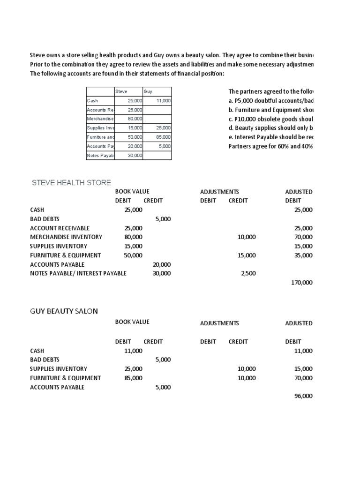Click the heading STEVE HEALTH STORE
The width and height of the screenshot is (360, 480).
(x=71, y=182)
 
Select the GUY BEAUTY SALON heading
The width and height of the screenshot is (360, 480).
(x=64, y=311)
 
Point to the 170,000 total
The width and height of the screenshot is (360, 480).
(x=303, y=283)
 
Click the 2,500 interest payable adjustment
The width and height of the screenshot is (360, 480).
(x=248, y=273)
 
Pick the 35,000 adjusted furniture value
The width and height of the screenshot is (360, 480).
(x=303, y=255)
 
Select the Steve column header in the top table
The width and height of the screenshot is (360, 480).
(x=121, y=91)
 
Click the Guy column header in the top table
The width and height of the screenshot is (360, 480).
(x=148, y=91)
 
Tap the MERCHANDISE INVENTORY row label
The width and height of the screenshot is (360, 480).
(x=66, y=237)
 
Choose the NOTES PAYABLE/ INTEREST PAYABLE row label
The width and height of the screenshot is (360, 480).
(x=78, y=273)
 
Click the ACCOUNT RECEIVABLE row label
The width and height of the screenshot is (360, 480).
(x=60, y=228)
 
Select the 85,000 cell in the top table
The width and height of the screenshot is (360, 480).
(x=163, y=137)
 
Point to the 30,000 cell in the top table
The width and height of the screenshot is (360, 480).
(x=135, y=155)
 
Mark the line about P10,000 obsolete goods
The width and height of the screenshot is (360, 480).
(x=271, y=119)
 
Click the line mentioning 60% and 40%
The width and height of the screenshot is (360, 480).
(x=271, y=146)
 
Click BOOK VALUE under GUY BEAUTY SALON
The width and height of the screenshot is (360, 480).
(x=132, y=322)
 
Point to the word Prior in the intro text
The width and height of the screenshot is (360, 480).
(x=37, y=64)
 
